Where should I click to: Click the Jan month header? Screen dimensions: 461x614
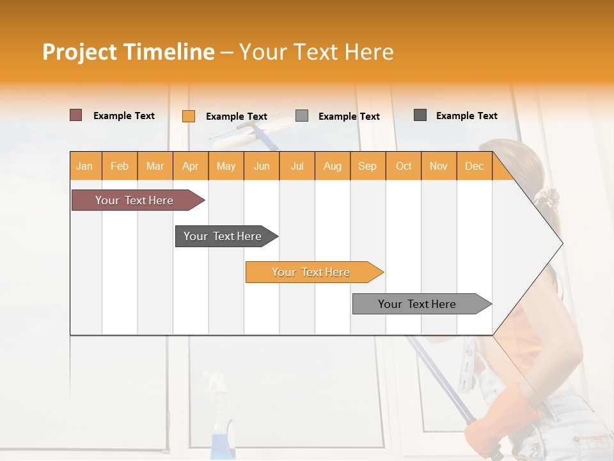84,166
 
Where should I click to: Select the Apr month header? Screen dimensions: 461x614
190,166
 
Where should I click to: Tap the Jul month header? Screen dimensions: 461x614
297,166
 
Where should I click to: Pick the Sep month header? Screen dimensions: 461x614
367,166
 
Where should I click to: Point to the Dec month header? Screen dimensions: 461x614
474,166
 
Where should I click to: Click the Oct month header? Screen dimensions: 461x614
403,166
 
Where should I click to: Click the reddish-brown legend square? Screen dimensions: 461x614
75,115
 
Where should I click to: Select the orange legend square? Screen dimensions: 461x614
188,116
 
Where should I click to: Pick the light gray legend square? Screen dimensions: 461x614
302,116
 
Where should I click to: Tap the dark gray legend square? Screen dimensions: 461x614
420,115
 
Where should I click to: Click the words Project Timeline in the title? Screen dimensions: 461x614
128,51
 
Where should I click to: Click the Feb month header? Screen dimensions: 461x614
119,166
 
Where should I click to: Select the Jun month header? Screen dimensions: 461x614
261,166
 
